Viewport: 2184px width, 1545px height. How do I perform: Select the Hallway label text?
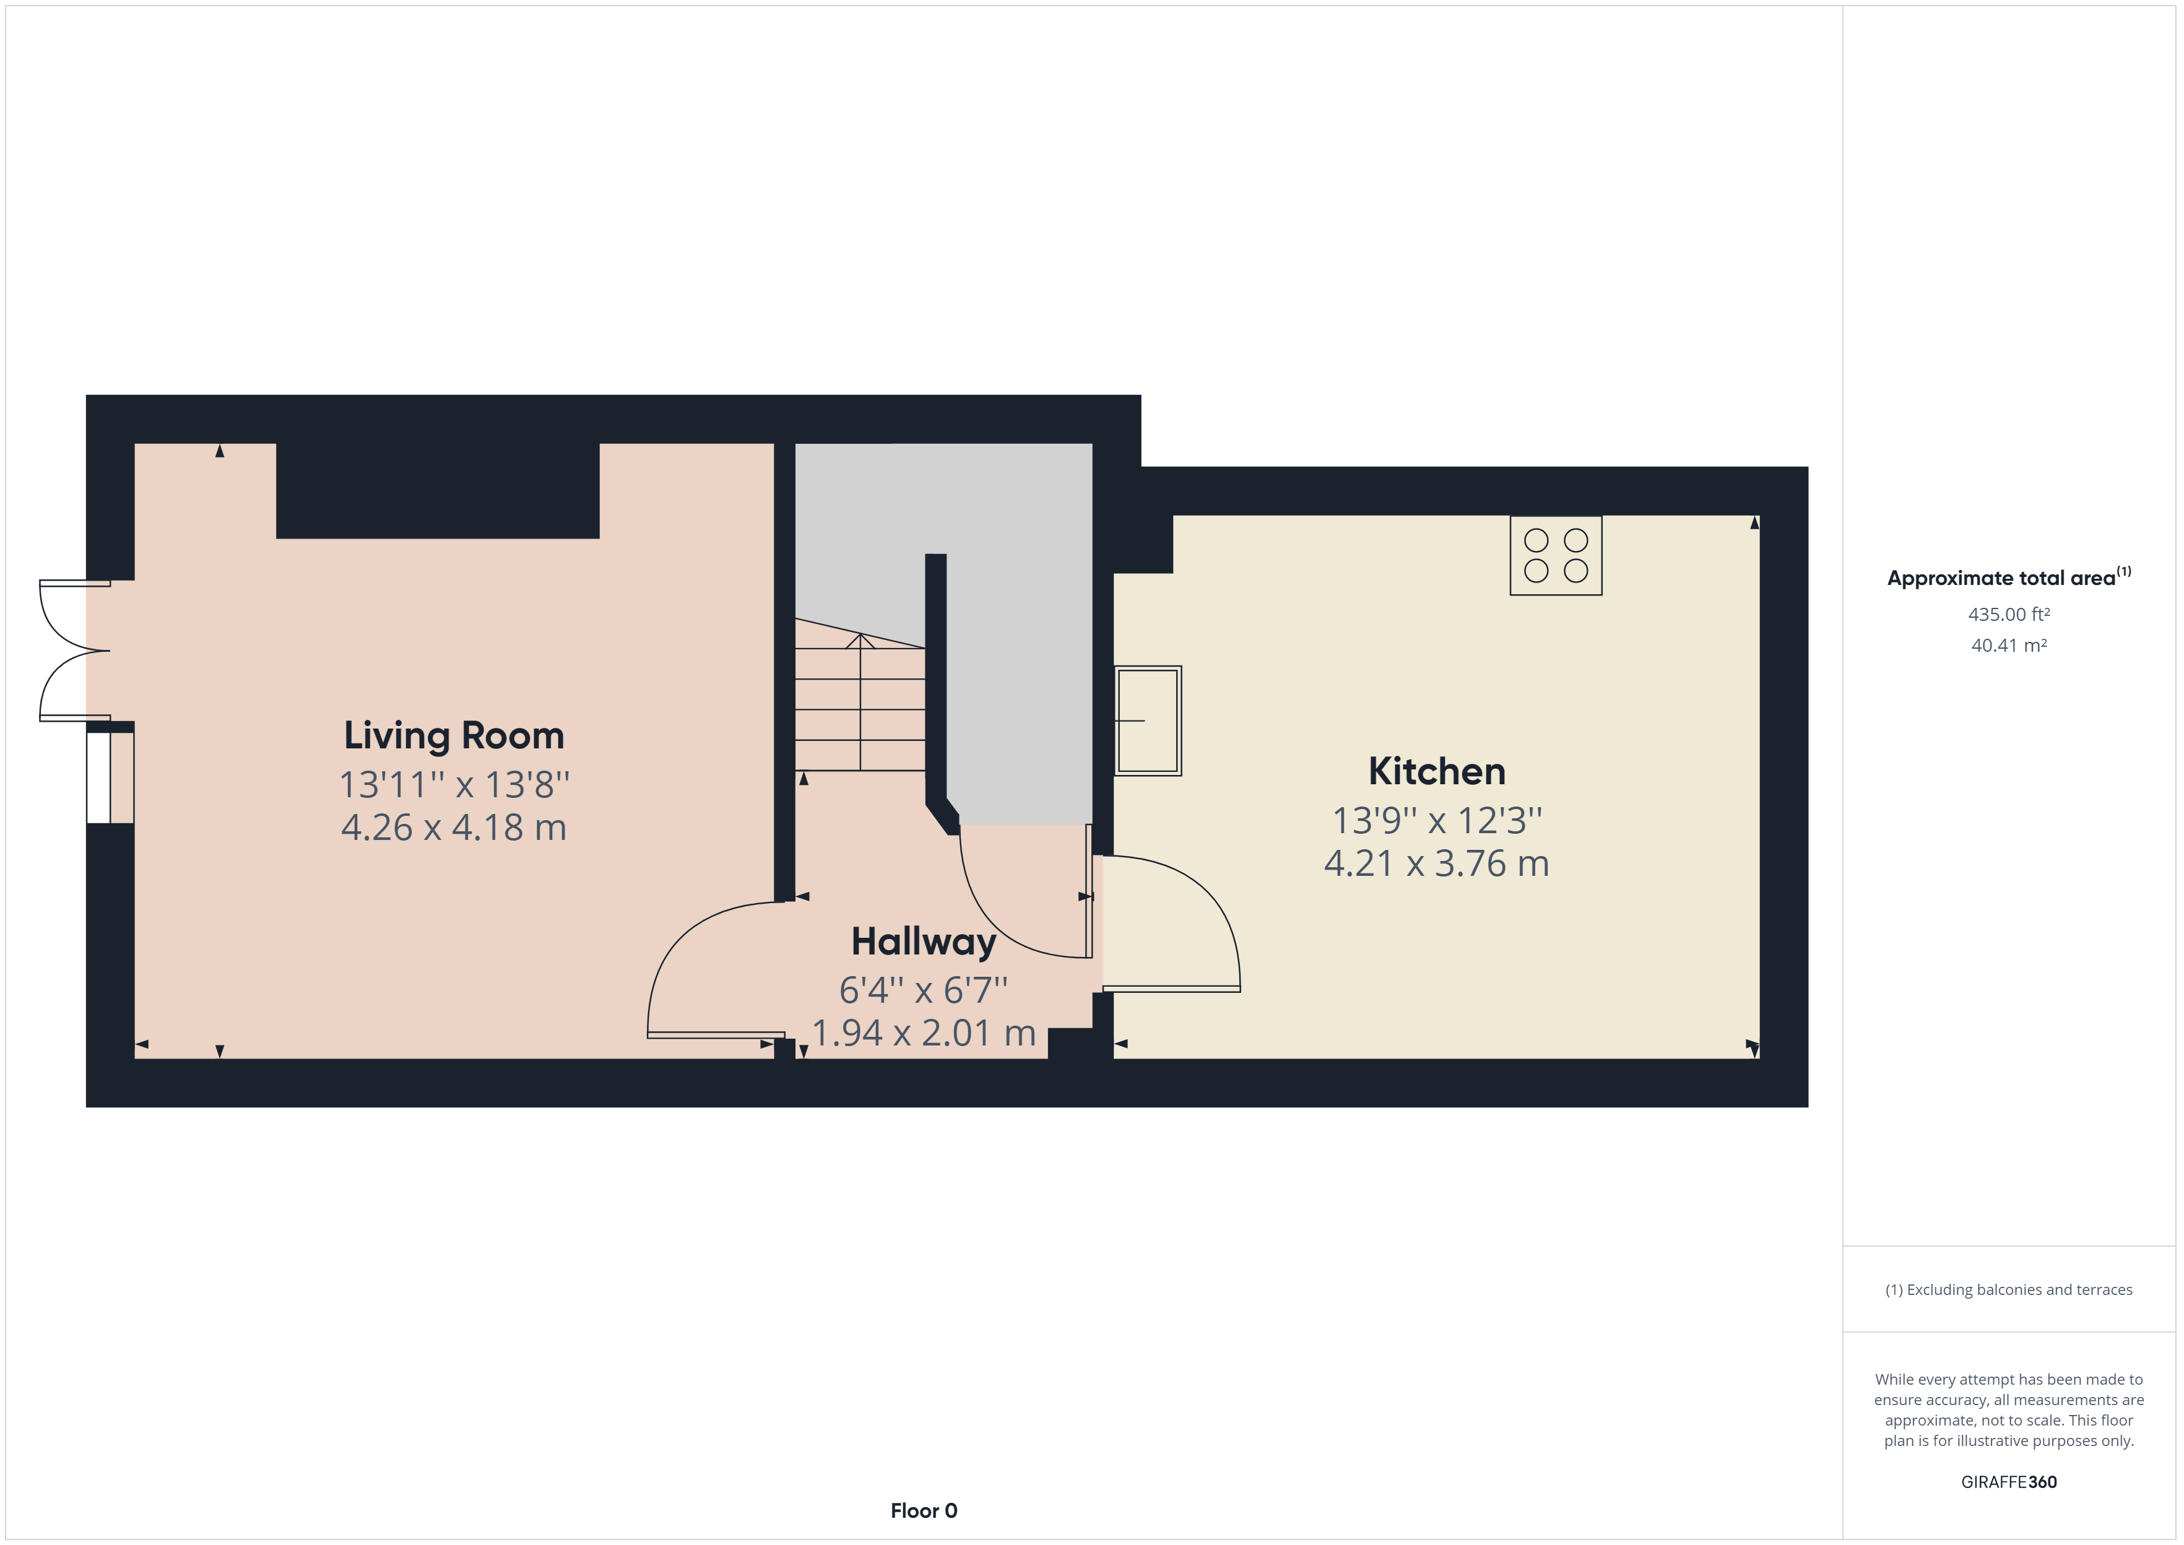click(x=924, y=942)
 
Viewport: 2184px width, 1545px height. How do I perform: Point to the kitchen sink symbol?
click(x=1148, y=720)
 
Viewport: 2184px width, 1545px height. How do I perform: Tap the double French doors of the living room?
click(x=75, y=651)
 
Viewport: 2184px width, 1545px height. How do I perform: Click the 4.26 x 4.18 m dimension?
click(x=454, y=828)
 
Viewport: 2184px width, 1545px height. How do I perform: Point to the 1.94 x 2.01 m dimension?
click(x=924, y=1033)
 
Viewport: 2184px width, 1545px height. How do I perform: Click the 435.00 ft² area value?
click(x=2009, y=615)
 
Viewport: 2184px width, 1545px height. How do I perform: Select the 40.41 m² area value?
click(x=2009, y=645)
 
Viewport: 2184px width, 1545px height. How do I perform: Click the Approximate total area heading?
click(x=2009, y=578)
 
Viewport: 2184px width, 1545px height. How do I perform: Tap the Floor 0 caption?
click(x=924, y=1511)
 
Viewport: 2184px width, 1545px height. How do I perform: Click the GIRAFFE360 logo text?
click(x=2009, y=1482)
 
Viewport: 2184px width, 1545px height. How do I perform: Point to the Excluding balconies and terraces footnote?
click(x=2009, y=1290)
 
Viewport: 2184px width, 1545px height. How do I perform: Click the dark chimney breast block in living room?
click(x=438, y=491)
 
